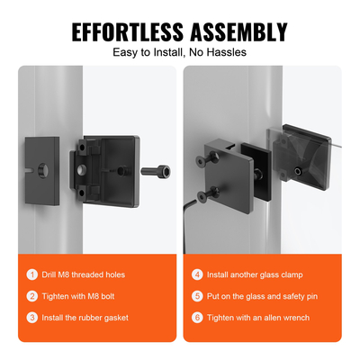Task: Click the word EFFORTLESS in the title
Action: [x=128, y=31]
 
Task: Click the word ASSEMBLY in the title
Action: [x=239, y=31]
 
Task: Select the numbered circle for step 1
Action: [x=32, y=274]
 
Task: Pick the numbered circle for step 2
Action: [x=32, y=296]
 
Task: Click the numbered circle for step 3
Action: [x=32, y=318]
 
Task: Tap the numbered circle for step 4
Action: [x=197, y=274]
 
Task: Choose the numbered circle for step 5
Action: [x=197, y=296]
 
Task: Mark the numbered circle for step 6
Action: [x=197, y=318]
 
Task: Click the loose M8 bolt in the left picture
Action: [x=156, y=172]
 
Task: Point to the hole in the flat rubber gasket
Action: [x=42, y=170]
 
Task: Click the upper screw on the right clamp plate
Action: [x=208, y=158]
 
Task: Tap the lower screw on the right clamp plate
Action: [x=208, y=194]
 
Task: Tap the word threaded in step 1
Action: [x=85, y=274]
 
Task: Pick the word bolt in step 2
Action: [x=108, y=296]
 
